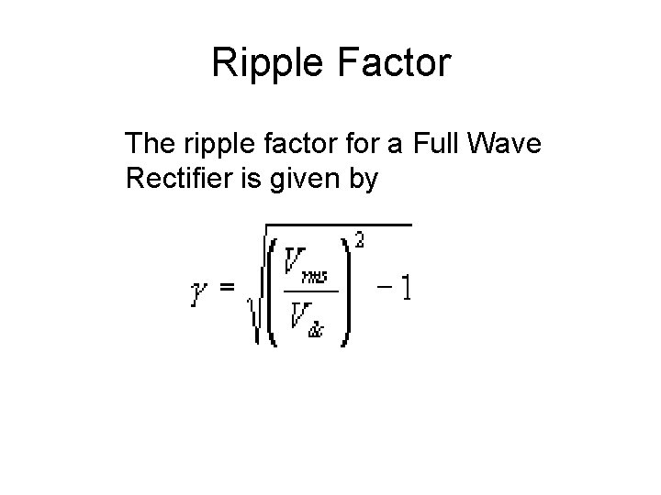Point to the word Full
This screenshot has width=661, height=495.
click(x=441, y=144)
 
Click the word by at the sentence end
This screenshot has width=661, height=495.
click(x=362, y=180)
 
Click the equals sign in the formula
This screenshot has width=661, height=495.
click(x=226, y=289)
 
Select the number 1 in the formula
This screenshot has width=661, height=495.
click(x=404, y=290)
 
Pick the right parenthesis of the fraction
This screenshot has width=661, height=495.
click(x=345, y=291)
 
